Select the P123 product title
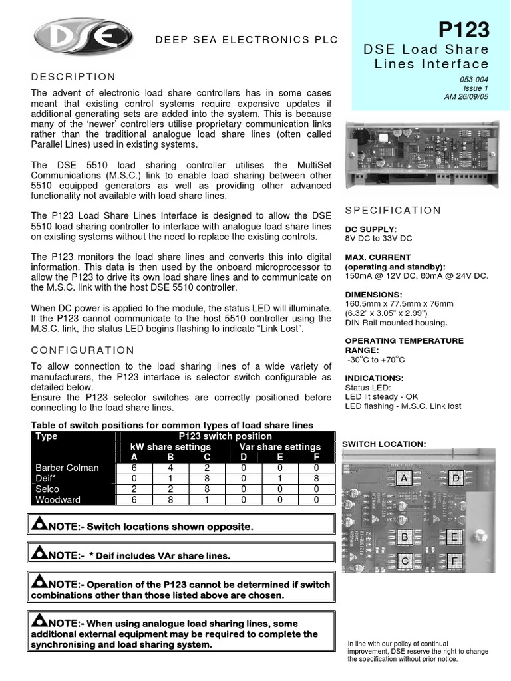464,30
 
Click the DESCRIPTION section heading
74,77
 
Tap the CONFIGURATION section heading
83,350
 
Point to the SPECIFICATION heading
393,211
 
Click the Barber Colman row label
67,468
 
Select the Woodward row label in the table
58,499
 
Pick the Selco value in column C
208,489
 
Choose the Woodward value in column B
170,499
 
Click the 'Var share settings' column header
279,447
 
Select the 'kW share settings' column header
170,447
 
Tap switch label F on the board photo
456,561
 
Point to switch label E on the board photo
455,537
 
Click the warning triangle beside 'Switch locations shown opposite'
38,525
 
